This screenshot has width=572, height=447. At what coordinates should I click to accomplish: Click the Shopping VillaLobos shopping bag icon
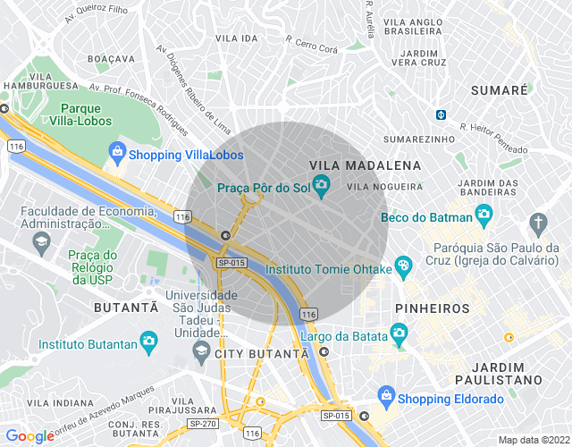pos(117,152)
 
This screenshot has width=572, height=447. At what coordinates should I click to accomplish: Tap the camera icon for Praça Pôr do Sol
pos(322,187)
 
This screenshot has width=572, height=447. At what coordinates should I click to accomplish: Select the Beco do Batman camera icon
pos(484,214)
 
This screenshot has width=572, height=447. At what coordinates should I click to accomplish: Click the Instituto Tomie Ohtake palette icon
pos(403,266)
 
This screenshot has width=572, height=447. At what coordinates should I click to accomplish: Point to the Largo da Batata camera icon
pos(400,334)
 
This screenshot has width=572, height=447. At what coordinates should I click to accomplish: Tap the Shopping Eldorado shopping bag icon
pos(386,395)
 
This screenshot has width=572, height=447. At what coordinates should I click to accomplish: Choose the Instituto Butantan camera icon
pos(149,342)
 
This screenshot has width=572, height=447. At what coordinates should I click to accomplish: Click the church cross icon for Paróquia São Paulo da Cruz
pos(537,221)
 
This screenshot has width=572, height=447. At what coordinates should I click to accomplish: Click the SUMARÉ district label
pos(500,91)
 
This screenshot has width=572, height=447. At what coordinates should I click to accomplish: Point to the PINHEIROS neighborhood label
pos(433,308)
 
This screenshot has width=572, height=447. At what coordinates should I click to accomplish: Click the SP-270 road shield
pos(201,423)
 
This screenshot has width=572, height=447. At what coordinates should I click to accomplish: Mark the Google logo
pos(30,435)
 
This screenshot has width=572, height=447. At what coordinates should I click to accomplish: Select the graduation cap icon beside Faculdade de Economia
pos(40,240)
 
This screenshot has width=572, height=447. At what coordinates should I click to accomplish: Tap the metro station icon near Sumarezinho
pos(441,114)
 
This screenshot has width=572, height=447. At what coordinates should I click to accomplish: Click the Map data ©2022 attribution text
pos(533,440)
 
